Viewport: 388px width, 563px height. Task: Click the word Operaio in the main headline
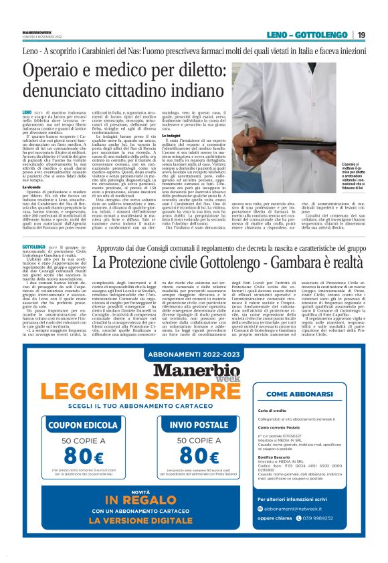tap(56, 72)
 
